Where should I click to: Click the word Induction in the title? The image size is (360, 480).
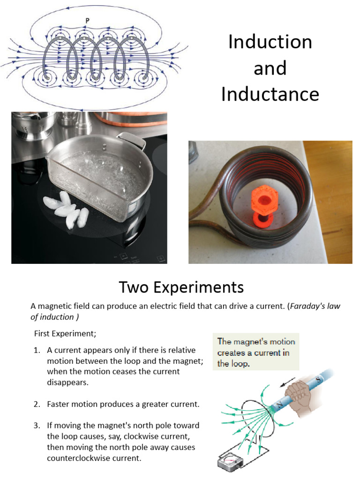(270, 42)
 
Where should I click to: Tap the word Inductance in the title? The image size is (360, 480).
(270, 94)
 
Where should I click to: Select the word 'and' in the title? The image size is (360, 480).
(270, 68)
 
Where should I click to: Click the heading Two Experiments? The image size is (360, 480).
(181, 287)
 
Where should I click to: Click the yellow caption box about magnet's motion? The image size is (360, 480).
(256, 352)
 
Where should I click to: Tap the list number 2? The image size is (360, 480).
(37, 404)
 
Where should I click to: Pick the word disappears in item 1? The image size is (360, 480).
(67, 382)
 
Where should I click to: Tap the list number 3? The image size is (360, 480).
(37, 426)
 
